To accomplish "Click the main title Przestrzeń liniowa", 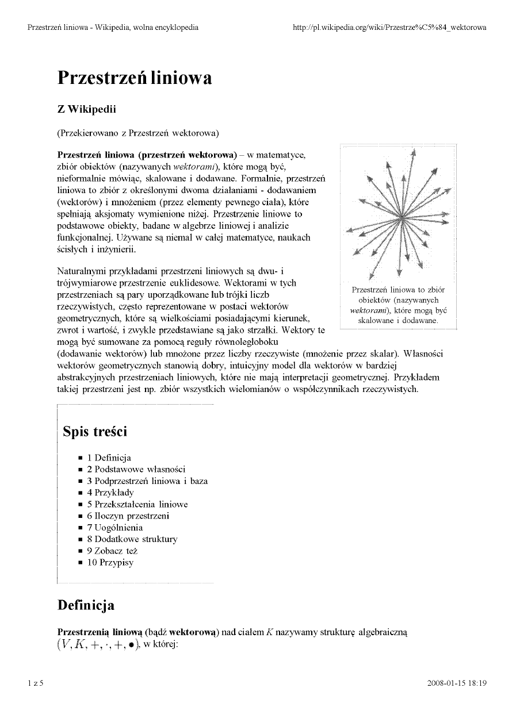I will coord(135,78).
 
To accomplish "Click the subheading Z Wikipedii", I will coord(86,110).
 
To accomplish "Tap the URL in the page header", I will coord(389,27).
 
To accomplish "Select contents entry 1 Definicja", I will coord(109,458).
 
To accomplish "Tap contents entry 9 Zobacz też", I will coord(112,551).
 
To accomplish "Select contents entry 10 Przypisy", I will coord(110,562).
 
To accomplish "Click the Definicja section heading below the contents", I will coord(86,605).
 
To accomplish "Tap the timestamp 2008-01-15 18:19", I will coord(457,683).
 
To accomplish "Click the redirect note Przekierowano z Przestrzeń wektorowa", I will coord(138,133).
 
